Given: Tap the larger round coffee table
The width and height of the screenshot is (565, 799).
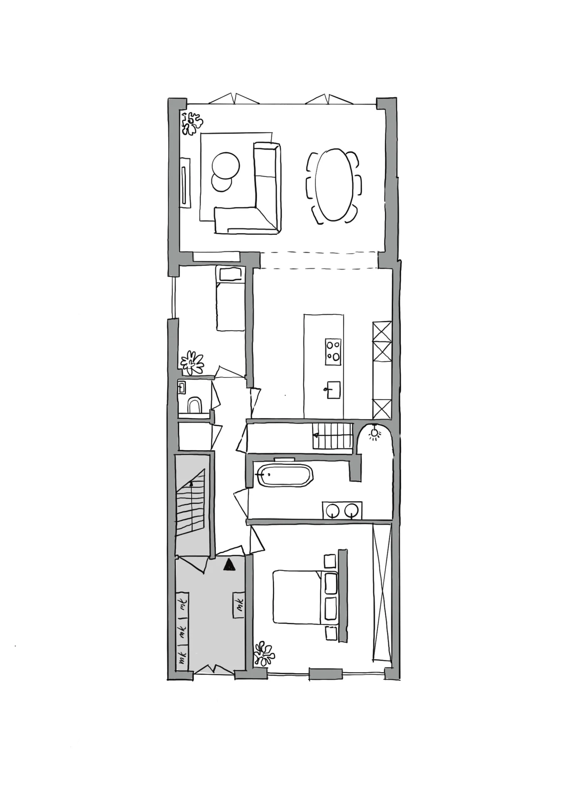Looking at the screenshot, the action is [226, 165].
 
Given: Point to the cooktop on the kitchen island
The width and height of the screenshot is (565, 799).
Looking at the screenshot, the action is [333, 352].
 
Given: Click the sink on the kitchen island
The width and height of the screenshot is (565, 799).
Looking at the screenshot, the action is [333, 390].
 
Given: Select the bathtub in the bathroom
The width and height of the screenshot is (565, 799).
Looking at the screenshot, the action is [285, 475].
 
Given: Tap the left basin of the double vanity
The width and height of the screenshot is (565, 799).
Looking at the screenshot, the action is [332, 510].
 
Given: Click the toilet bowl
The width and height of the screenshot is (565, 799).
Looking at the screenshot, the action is [194, 405].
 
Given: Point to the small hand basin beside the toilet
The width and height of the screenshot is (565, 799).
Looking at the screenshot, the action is [181, 387].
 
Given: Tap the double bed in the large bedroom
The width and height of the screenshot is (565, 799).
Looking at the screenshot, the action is [300, 597].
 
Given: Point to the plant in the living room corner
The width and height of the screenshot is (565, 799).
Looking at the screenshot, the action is [192, 123].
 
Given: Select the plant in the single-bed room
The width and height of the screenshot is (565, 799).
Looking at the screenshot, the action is [192, 362].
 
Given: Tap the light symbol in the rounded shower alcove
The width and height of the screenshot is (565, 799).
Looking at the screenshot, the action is [374, 433].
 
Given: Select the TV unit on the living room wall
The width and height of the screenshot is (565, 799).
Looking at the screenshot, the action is [185, 182].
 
